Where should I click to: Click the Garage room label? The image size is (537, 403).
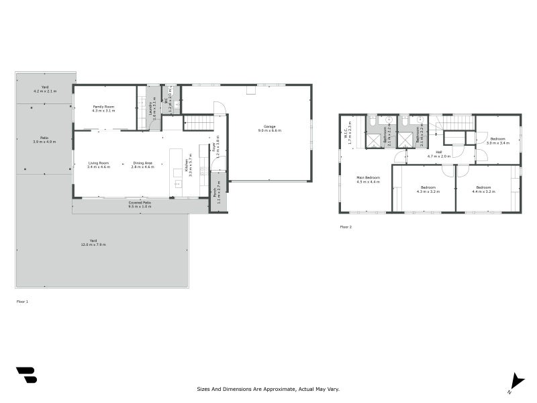coord(269,128)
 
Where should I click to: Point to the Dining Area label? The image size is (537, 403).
coord(142,165)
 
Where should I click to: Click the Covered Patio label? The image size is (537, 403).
coord(140,204)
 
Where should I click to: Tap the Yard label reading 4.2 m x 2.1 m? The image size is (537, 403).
coord(45,89)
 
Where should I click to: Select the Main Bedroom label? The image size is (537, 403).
coord(368,179)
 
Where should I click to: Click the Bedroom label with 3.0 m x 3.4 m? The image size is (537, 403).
coord(498,140)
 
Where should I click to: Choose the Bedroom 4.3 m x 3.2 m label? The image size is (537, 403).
coord(428,189)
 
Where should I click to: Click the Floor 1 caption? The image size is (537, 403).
coord(22,302)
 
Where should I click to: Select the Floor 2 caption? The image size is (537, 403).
coord(346,227)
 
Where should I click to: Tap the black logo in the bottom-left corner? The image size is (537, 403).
coord(26,375)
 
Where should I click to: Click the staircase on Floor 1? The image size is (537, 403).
coord(198,123)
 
